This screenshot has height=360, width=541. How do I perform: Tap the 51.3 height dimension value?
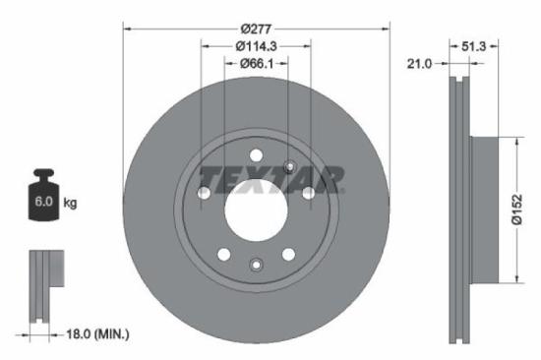pyautogui.click(x=474, y=45)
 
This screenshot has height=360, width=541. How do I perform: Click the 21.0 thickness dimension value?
pyautogui.click(x=420, y=64)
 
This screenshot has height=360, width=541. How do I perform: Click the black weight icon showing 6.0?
pyautogui.click(x=43, y=199)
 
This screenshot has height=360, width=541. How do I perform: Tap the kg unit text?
pyautogui.click(x=70, y=204)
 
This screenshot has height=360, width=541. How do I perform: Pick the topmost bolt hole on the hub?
pyautogui.click(x=256, y=154)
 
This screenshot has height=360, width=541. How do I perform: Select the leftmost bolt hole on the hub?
pyautogui.click(x=204, y=193)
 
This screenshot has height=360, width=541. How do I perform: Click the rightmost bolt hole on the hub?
pyautogui.click(x=308, y=193)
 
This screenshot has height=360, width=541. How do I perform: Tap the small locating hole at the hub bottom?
pyautogui.click(x=256, y=264)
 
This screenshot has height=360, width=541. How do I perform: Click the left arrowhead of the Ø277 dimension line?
pyautogui.click(x=126, y=26)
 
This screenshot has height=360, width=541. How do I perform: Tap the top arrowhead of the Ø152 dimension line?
pyautogui.click(x=513, y=141)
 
